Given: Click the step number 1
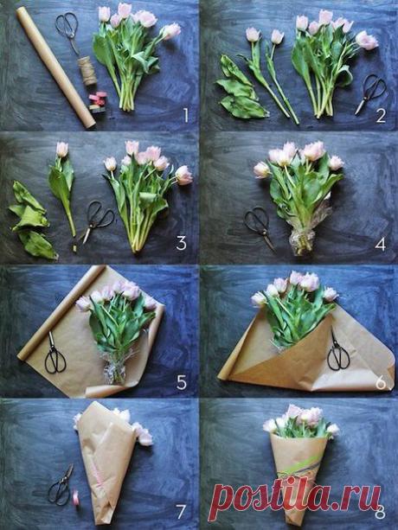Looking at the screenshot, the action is [x=186, y=115].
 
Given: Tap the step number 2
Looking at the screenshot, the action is [x=381, y=116].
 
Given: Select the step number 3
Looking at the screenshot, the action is [x=181, y=243].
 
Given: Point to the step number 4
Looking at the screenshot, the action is [x=381, y=245].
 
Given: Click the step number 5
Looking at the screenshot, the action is [x=182, y=382].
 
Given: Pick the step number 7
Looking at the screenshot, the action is [x=181, y=512].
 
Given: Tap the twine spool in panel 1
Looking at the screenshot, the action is [x=87, y=71].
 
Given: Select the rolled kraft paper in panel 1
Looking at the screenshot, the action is [x=55, y=67].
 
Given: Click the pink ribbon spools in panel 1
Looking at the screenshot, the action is [x=98, y=101].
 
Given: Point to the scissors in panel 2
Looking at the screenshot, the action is [x=370, y=93].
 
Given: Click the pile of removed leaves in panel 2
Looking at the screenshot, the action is [x=241, y=88].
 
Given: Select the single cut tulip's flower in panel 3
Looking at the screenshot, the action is [x=62, y=149].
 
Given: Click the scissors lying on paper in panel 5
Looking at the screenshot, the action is [x=55, y=354].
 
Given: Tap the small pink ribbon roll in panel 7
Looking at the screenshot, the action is [x=75, y=497].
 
